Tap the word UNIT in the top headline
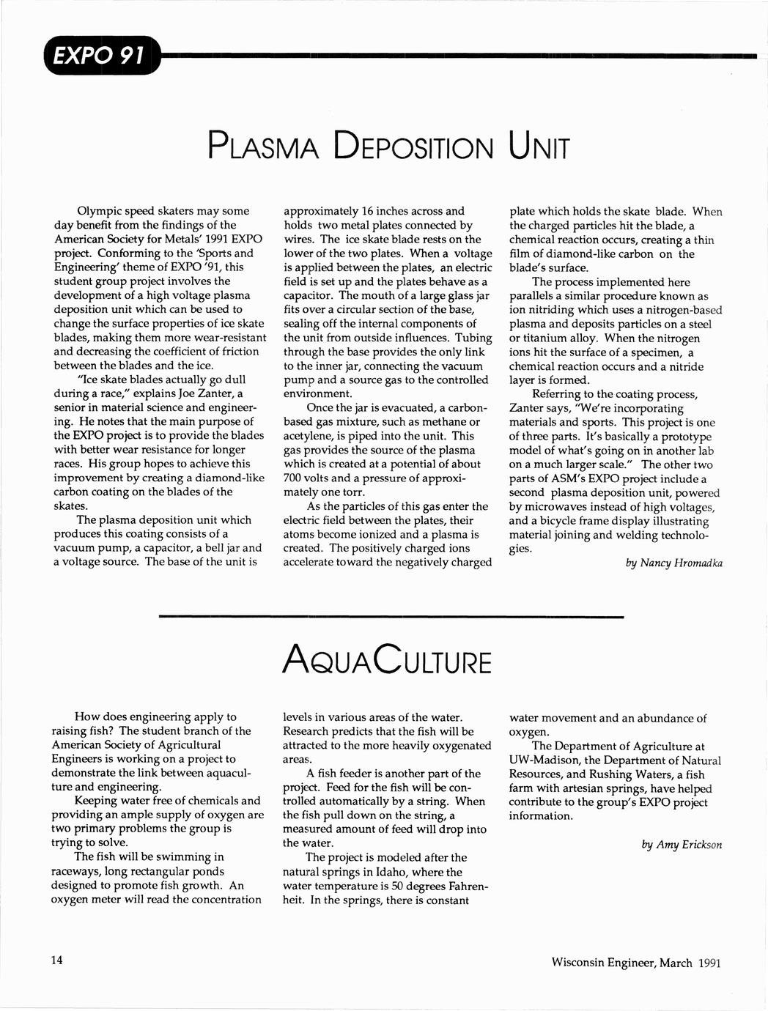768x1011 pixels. [x=537, y=147]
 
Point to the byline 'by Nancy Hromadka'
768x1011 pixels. [x=673, y=563]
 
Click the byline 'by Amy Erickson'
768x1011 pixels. [x=681, y=844]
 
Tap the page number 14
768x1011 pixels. [x=56, y=960]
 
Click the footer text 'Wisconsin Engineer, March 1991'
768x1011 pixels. [x=636, y=962]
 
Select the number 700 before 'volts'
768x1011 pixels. [x=294, y=478]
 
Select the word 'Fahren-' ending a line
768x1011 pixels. [x=463, y=886]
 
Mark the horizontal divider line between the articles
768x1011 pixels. [x=391, y=617]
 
